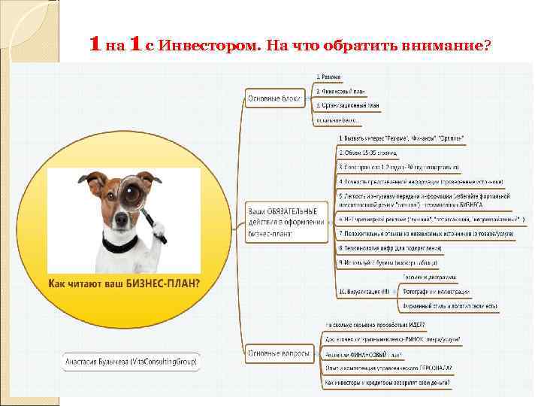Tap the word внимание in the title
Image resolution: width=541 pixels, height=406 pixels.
pos(446,46)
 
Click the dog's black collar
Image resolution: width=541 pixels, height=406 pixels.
pos(120,243)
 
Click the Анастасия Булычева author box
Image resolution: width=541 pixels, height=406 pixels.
pos(131,362)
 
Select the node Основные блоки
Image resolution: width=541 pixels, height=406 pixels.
pos(274,98)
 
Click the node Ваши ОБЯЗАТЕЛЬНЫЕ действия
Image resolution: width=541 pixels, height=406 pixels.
pos(286,222)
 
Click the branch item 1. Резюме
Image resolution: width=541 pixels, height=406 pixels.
pos(328,77)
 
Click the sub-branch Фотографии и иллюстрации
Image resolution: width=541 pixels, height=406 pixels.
pos(436,291)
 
